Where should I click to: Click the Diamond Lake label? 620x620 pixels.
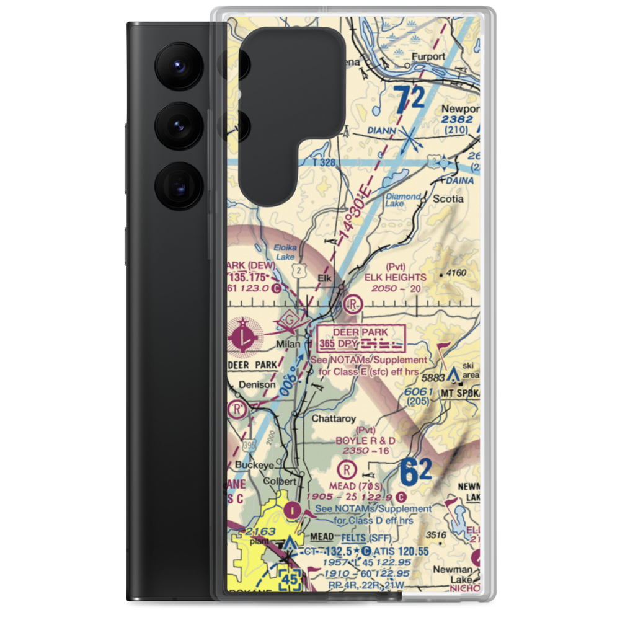[403, 200]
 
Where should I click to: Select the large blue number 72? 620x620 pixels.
[410, 99]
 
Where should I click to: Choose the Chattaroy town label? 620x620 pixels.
[334, 418]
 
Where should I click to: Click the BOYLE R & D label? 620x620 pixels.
[365, 440]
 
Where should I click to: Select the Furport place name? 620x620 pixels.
[430, 56]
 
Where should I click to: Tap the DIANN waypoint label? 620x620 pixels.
[386, 131]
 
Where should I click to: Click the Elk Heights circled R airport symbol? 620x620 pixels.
[353, 304]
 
